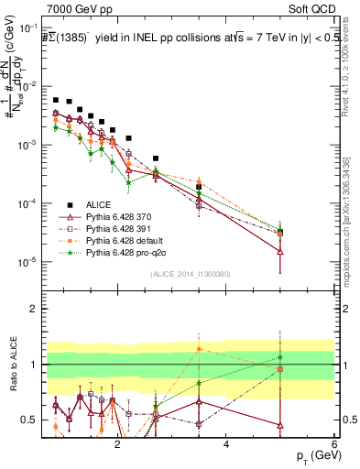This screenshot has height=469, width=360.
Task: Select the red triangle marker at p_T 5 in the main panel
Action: pyautogui.click(x=280, y=251)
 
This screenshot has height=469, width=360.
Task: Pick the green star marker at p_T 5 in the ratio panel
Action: pyautogui.click(x=280, y=357)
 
